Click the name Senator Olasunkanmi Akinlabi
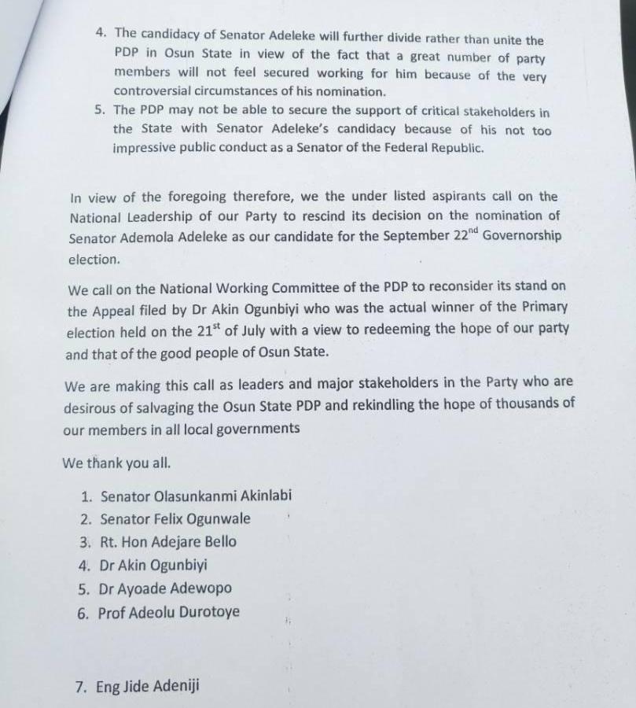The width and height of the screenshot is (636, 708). (197, 496)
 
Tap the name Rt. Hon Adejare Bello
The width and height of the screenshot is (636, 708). (168, 542)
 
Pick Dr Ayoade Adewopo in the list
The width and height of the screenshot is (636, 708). (165, 588)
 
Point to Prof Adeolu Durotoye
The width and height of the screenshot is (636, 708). (169, 612)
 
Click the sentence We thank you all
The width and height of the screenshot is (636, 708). (116, 463)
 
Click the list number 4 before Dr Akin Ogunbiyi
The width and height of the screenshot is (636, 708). (84, 566)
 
